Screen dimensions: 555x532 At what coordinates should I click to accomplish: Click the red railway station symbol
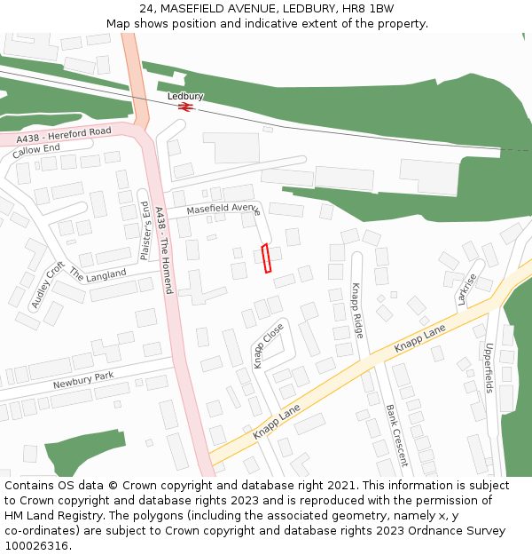[x=185, y=107]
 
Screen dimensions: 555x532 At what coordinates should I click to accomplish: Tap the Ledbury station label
[x=185, y=96]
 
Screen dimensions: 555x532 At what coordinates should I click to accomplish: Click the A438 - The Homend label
[x=163, y=250]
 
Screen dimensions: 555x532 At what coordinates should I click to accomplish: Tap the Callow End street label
[x=36, y=150]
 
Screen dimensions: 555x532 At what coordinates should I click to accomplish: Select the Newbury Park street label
[x=83, y=380]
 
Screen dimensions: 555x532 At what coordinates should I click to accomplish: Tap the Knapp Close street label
[x=269, y=345]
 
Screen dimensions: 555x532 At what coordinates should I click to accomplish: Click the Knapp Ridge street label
[x=356, y=310]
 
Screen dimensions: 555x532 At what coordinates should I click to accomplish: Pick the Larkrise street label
[x=467, y=289]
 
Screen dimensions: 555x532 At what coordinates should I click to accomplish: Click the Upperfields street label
[x=489, y=369]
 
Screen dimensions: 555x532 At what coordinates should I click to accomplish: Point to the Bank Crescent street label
[x=396, y=435]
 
